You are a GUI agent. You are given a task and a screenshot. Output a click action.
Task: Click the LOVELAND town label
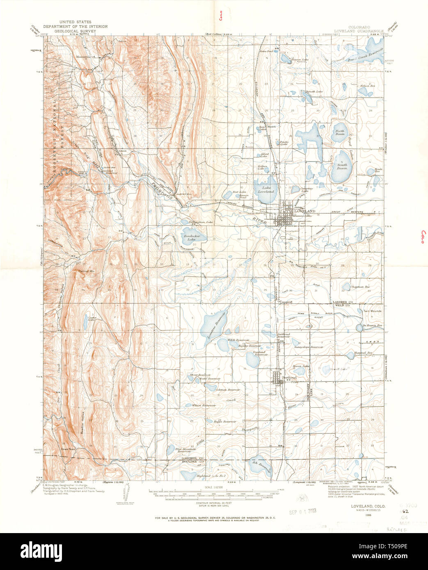[x=307, y=211]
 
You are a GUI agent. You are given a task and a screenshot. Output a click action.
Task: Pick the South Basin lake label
[x=342, y=166]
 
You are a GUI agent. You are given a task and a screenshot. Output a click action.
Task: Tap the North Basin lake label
[x=340, y=132]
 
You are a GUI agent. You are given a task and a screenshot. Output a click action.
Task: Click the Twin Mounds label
[x=372, y=311]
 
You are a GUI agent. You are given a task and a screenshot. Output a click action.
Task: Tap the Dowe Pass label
[x=67, y=449]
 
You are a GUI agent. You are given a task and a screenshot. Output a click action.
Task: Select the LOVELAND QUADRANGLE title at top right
[x=358, y=31]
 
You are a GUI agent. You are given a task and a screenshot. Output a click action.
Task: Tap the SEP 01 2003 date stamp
[x=304, y=512]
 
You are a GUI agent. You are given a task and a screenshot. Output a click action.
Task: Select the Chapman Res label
[x=359, y=287]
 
